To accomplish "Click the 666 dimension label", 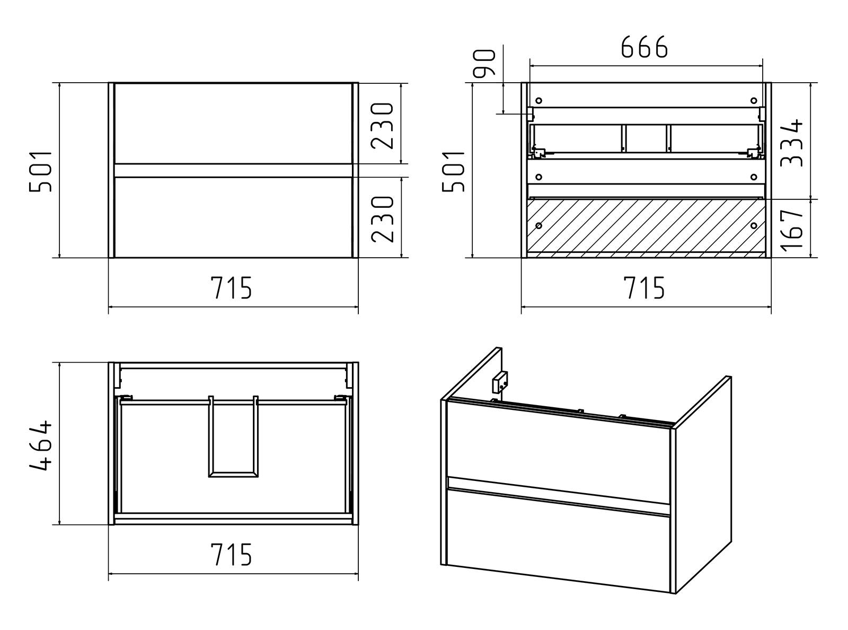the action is pyautogui.click(x=644, y=47).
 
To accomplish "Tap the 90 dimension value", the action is pyautogui.click(x=484, y=63).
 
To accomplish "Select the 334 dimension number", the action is pyautogui.click(x=791, y=143).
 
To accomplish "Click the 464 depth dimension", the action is pyautogui.click(x=40, y=445).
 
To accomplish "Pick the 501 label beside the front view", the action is pyautogui.click(x=40, y=172).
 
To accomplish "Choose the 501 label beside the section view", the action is pyautogui.click(x=453, y=172).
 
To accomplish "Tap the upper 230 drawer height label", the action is pyautogui.click(x=382, y=126).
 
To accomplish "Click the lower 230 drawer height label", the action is pyautogui.click(x=382, y=219).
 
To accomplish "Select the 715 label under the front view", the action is pyautogui.click(x=231, y=287).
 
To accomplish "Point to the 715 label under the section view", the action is pyautogui.click(x=644, y=287).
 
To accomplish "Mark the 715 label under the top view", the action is pyautogui.click(x=231, y=554).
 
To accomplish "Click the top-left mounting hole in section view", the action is pyautogui.click(x=538, y=101).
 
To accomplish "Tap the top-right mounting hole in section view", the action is pyautogui.click(x=754, y=101).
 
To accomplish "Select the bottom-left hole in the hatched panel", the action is pyautogui.click(x=538, y=226).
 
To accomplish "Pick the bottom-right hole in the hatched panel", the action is pyautogui.click(x=754, y=226).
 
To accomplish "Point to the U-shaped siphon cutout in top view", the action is pyautogui.click(x=233, y=436).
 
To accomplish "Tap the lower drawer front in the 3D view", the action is pyautogui.click(x=558, y=541).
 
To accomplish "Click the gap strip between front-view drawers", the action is pyautogui.click(x=233, y=171).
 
